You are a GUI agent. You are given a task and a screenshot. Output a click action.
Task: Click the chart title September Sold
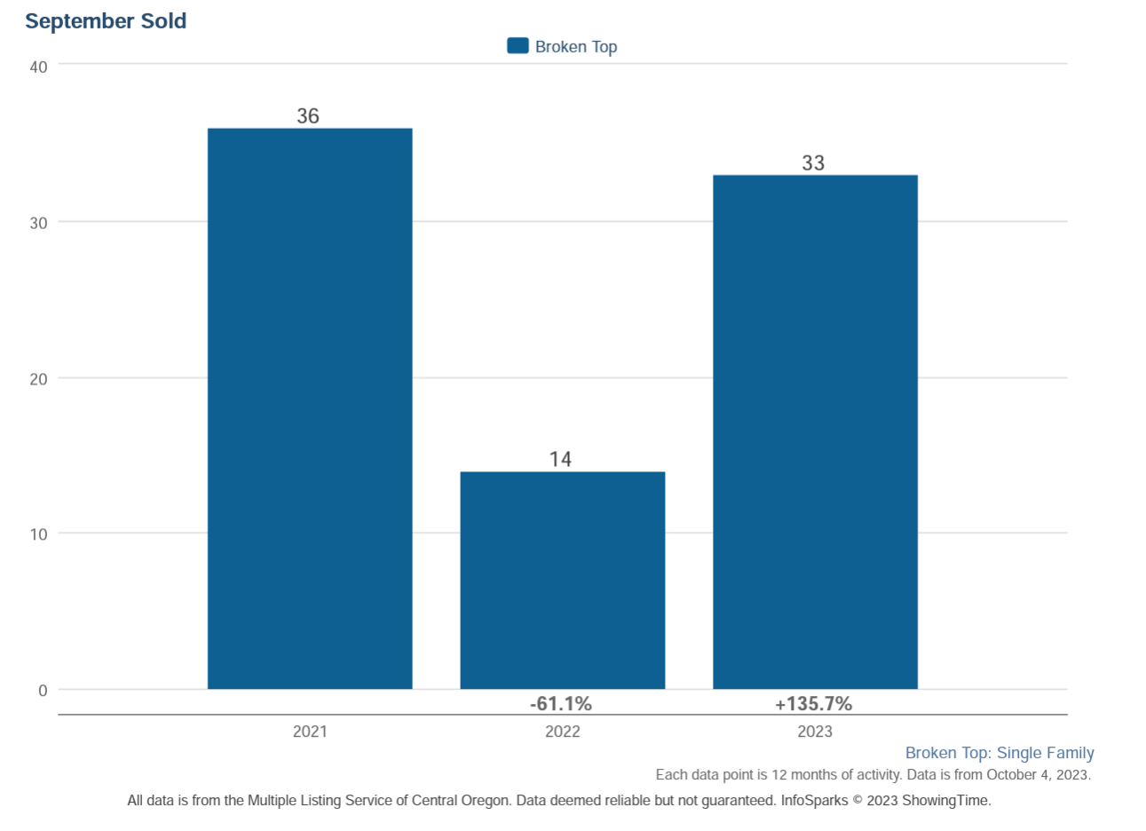pyautogui.click(x=106, y=21)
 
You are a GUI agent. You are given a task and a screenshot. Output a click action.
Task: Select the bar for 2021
pyautogui.click(x=310, y=408)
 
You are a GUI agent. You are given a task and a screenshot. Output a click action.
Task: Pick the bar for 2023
pyautogui.click(x=815, y=431)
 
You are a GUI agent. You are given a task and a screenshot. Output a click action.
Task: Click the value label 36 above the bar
pyautogui.click(x=308, y=116)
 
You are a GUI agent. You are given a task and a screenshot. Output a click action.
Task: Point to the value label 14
pyautogui.click(x=560, y=459)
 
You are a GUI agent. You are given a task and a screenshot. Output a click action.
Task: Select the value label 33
pyautogui.click(x=813, y=163)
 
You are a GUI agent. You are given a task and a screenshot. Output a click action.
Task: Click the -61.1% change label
pyautogui.click(x=561, y=704)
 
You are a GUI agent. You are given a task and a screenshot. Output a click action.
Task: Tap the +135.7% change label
pyautogui.click(x=813, y=704)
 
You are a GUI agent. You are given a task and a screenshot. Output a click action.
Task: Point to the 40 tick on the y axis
pyautogui.click(x=38, y=67)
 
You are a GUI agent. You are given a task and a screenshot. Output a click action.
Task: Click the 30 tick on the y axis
pyautogui.click(x=38, y=223)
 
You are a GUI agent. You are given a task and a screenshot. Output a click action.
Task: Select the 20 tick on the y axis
pyautogui.click(x=38, y=379)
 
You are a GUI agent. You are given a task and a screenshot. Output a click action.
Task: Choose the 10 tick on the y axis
pyautogui.click(x=38, y=534)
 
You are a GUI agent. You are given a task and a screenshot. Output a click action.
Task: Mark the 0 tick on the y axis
pyautogui.click(x=43, y=691)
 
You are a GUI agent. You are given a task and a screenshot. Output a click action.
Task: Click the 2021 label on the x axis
pyautogui.click(x=310, y=732)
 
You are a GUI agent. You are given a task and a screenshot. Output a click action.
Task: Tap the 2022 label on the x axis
pyautogui.click(x=562, y=732)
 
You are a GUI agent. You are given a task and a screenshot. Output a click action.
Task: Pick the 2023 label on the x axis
pyautogui.click(x=815, y=732)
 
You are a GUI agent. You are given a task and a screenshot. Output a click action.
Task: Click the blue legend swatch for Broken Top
pyautogui.click(x=518, y=46)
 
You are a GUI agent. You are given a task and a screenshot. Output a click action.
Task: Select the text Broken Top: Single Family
pyautogui.click(x=1000, y=753)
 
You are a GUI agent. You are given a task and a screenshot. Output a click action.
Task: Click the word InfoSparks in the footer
pyautogui.click(x=814, y=800)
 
